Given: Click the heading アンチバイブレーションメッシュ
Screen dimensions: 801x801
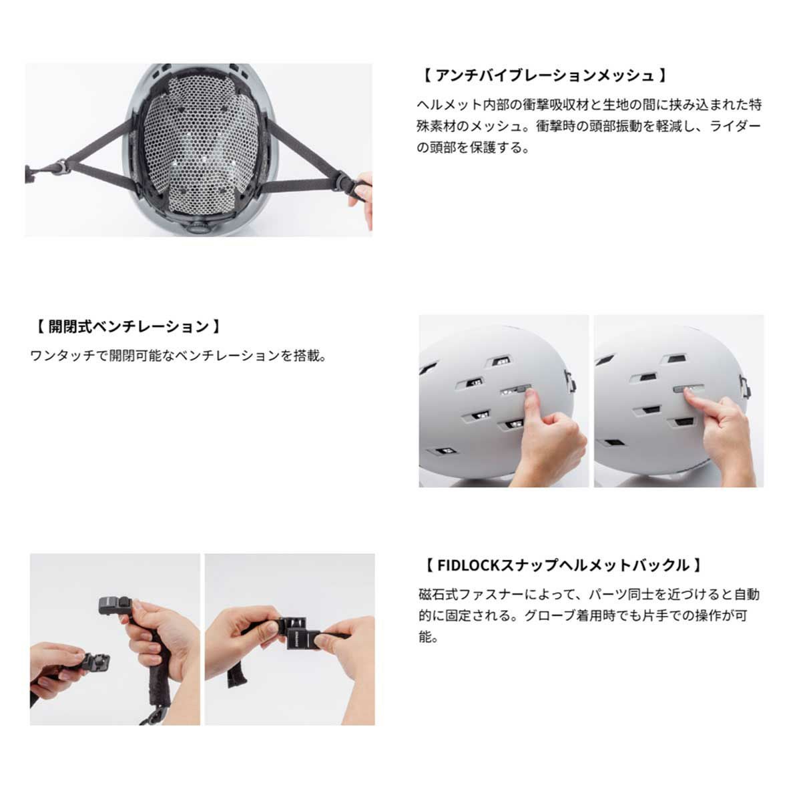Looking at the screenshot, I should [544, 75].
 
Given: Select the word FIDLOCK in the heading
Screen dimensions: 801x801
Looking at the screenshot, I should [468, 565].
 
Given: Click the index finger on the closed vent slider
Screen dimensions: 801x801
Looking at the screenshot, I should [697, 400].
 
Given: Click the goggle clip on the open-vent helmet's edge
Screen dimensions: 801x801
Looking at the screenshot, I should [570, 380].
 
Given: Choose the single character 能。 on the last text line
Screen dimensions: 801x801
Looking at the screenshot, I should [429, 637].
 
